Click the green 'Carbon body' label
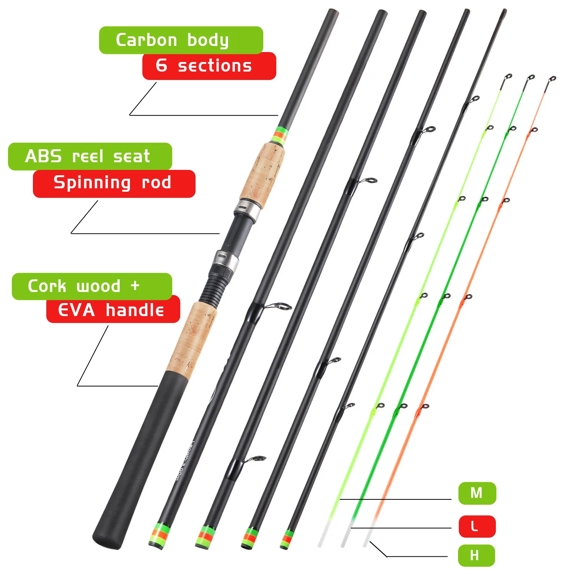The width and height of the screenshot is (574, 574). (181, 40)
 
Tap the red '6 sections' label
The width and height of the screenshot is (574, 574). (209, 66)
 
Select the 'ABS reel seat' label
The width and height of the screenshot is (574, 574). (90, 157)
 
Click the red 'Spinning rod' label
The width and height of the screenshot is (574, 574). (114, 184)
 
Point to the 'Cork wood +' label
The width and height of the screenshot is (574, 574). (92, 286)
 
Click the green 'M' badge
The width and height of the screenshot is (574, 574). (477, 493)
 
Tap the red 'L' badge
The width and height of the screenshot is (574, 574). (477, 527)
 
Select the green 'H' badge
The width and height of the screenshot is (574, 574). (476, 555)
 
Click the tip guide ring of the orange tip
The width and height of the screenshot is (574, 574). (552, 80)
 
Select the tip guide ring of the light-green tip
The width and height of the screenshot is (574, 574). (508, 77)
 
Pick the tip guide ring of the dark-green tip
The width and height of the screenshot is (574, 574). (531, 78)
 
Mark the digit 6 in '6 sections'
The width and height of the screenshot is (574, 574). (161, 65)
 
